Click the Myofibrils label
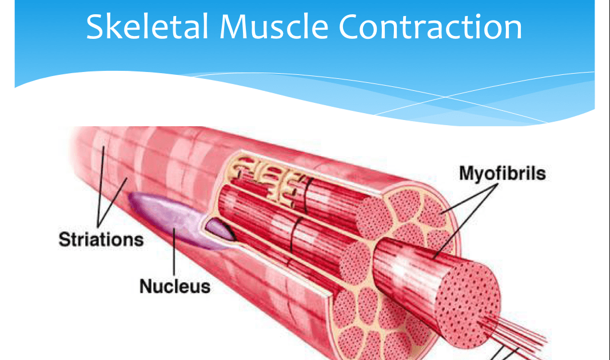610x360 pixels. click(502, 173)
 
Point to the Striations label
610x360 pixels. click(101, 238)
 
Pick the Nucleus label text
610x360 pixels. click(175, 286)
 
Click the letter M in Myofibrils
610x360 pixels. click(466, 173)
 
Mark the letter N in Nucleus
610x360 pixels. click(146, 286)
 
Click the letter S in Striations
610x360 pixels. click(63, 238)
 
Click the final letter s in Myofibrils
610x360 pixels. click(541, 173)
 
